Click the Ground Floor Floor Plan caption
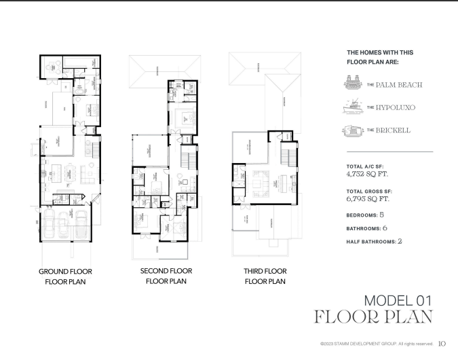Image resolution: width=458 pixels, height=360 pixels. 65,276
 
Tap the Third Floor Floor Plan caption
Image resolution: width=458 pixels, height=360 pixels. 265,276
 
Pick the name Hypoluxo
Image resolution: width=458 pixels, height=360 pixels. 400,107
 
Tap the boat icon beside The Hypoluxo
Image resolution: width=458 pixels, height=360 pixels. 354,107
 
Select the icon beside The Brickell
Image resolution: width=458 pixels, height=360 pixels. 354,130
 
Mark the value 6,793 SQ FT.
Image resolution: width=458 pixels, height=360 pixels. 367,199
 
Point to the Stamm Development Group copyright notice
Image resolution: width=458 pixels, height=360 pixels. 376,344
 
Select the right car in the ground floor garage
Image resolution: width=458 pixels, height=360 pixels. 80,223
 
